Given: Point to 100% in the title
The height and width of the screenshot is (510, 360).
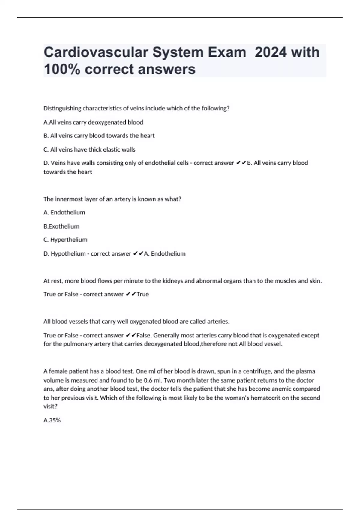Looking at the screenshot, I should coord(62,69).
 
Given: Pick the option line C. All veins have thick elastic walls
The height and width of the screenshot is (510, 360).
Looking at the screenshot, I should coord(89,149).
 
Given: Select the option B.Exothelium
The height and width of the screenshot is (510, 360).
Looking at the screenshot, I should coord(61,226).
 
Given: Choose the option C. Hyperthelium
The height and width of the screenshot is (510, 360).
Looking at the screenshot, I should coord(65,240).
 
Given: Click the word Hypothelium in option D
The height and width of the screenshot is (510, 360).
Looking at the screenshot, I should coord(68,253).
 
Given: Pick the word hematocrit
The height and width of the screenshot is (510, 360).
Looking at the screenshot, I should coord(266,398).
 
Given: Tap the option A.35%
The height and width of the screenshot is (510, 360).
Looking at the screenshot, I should coord(52,420).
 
